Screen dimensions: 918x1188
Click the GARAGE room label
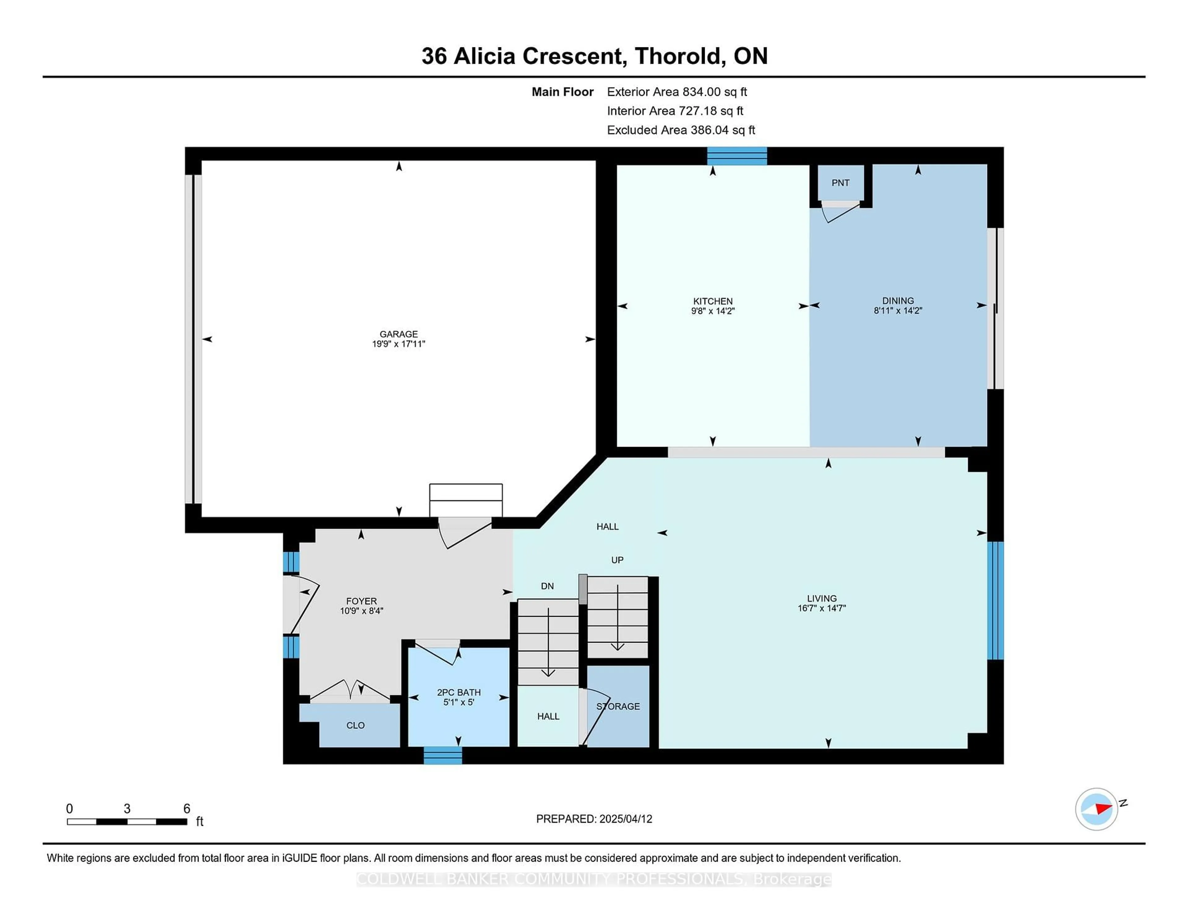coord(399,334)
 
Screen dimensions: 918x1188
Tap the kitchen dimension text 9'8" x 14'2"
coord(712,311)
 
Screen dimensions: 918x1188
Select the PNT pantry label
coord(840,183)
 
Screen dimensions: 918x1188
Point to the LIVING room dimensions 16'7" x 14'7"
coord(821,608)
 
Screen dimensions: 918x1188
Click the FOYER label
coord(361,601)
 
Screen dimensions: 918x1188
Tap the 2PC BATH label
coord(458,692)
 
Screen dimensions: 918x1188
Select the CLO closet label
coord(355,726)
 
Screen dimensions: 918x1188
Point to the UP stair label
coord(617,560)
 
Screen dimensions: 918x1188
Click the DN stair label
coord(547,586)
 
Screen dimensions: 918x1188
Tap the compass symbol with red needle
coord(1096,809)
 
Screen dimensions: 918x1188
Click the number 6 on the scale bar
coord(187,809)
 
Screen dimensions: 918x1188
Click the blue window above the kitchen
coord(737,156)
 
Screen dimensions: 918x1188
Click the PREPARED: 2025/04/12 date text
coord(594,819)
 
